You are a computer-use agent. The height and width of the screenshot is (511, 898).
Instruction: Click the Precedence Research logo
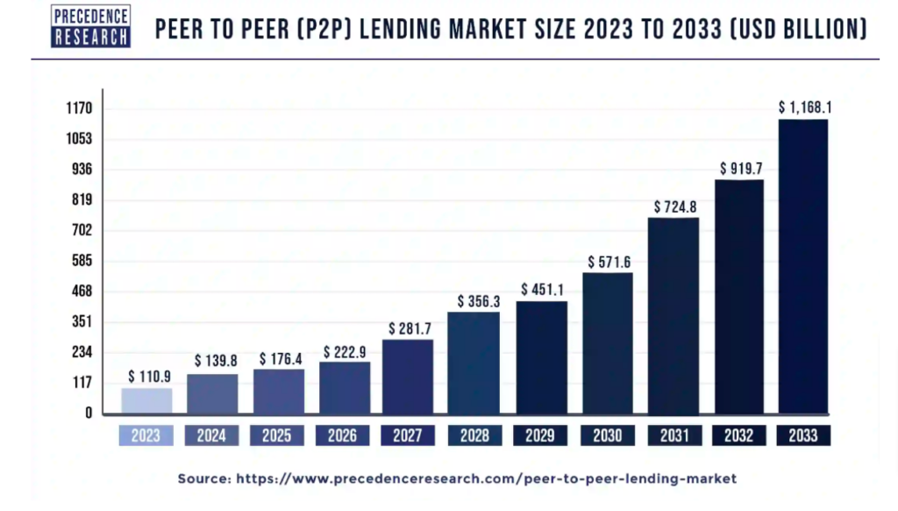91,26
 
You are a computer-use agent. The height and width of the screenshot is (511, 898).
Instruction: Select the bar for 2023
146,400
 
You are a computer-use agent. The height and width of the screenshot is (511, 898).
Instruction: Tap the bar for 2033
803,266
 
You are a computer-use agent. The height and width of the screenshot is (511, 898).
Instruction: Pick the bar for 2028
474,363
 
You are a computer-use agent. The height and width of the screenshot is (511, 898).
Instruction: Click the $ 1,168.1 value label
805,107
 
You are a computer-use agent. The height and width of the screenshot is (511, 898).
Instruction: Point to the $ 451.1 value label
541,289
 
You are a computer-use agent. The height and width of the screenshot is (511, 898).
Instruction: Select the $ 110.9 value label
148,376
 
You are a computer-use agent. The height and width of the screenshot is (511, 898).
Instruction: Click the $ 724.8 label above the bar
673,206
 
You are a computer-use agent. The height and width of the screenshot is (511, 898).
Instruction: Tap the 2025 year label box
278,435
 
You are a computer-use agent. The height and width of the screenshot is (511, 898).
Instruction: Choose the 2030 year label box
607,435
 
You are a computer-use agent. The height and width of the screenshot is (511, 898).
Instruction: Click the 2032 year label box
738,435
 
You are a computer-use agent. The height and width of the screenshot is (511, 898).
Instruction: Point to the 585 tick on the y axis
81,261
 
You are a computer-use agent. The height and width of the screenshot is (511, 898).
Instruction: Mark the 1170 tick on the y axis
78,109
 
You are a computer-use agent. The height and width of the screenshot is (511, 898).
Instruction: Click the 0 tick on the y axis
89,413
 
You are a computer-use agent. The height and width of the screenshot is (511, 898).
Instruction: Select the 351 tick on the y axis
81,321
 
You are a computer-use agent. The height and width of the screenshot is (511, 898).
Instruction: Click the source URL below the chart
457,479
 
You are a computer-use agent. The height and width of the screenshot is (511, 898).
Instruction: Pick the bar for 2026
344,387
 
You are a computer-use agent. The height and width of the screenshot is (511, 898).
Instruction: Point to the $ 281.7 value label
409,328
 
